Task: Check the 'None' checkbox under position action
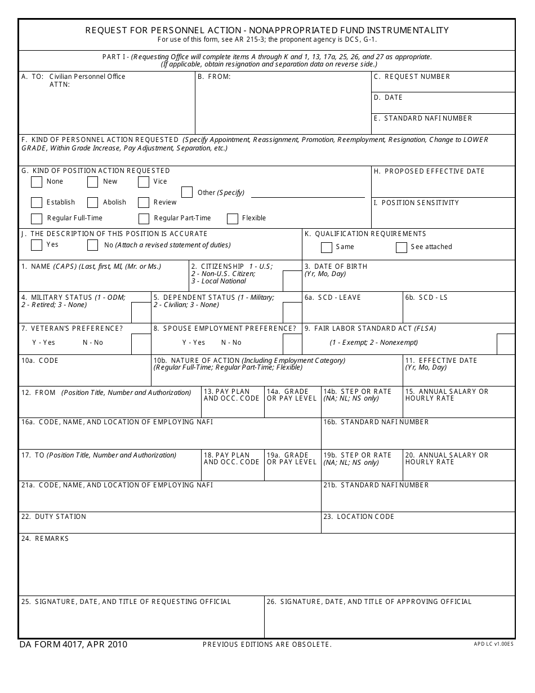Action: pos(37,182)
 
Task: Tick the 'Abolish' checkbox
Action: pos(93,203)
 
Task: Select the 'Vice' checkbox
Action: pos(144,182)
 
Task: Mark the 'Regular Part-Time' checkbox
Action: pos(144,219)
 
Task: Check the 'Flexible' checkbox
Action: pos(233,219)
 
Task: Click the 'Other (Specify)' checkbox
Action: pos(187,193)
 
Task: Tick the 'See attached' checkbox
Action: pos(402,247)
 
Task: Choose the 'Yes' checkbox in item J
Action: pos(37,245)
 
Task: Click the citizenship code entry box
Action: pos(292,281)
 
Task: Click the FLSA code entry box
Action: pos(506,344)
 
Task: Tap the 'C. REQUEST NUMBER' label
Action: pos(412,77)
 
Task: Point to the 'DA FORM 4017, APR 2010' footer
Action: pos(73,645)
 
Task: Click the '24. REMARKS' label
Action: pos(45,539)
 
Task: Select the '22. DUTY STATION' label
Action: pos(53,517)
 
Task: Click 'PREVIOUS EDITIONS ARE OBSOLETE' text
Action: pos(267,645)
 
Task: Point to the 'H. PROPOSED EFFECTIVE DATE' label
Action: pos(429,171)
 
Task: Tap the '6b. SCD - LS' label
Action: pos(426,297)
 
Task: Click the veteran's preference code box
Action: pos(141,344)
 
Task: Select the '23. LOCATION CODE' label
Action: pos(359,517)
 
